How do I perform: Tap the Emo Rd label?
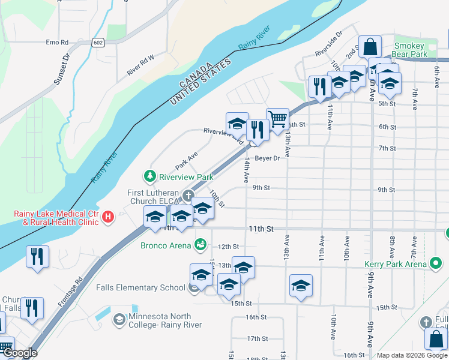58,43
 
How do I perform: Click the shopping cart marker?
277,119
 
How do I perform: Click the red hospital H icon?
107,217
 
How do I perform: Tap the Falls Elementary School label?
140,287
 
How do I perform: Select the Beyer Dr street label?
267,158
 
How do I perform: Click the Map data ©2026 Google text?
411,355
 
